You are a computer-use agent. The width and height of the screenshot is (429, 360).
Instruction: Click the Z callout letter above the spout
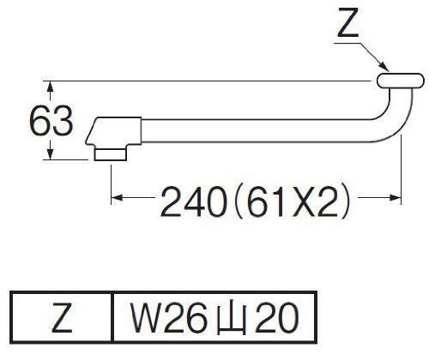coord(348,23)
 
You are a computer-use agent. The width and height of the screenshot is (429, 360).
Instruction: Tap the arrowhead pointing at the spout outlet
coord(384,67)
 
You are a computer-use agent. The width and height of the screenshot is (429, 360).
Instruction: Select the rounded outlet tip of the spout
coord(401,81)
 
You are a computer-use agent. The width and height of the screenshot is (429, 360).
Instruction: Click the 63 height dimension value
coord(51,121)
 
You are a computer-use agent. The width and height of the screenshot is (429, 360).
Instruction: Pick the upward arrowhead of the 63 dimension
coord(51,87)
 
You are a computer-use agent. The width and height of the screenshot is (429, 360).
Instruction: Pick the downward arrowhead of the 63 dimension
coord(51,154)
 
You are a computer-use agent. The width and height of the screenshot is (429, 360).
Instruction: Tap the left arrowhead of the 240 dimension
coord(117,197)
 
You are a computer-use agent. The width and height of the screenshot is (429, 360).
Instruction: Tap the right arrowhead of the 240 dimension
coord(396,197)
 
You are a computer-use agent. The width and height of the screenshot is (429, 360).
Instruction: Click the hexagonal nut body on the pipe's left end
coord(113,131)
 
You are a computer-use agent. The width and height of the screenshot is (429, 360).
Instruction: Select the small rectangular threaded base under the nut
coord(111,154)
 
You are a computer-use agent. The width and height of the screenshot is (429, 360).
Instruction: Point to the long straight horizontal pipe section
coord(256,130)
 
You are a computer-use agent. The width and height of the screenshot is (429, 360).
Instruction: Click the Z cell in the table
coord(62,317)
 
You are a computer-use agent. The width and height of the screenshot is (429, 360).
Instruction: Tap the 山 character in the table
coord(232,319)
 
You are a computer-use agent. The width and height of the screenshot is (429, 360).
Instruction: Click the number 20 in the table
coord(276,317)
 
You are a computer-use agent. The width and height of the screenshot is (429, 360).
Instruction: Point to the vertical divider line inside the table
coord(112,317)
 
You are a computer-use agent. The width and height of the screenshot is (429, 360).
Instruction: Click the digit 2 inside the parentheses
coord(328,201)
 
